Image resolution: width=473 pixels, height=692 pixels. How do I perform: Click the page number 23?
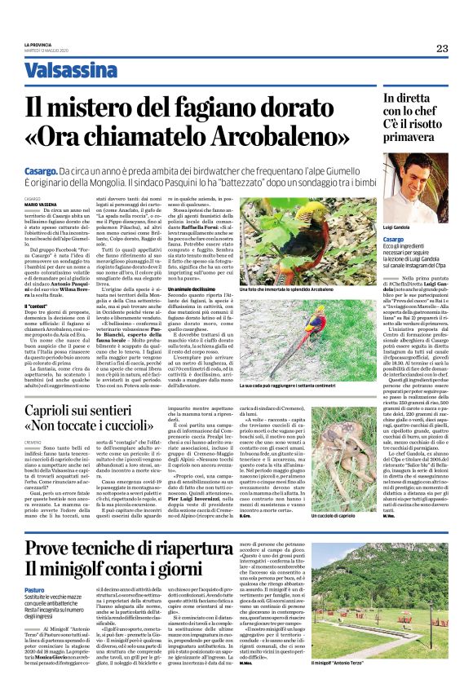pyautogui.click(x=442, y=49)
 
